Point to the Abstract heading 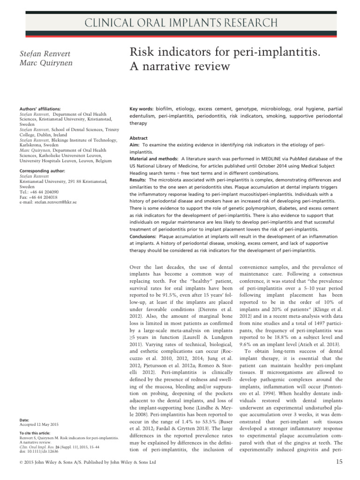click(x=138, y=139)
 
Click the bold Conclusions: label click(x=144, y=236)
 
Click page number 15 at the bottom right click(x=340, y=463)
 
